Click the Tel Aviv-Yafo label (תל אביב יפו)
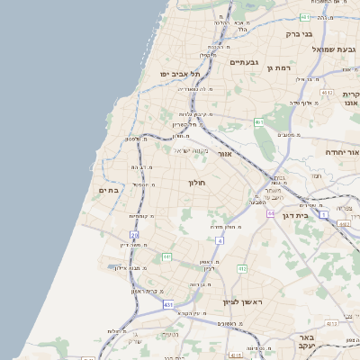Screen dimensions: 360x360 [179, 74]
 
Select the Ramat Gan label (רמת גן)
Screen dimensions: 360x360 [283, 67]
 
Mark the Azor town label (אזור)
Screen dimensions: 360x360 [225, 154]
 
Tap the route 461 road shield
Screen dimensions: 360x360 [258, 122]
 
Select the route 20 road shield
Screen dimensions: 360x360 [133, 235]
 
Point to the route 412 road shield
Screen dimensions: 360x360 [242, 268]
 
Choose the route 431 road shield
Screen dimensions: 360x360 [168, 305]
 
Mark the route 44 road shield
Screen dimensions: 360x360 [269, 214]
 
